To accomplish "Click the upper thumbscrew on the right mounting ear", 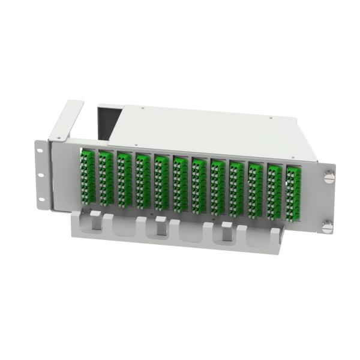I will (328, 178).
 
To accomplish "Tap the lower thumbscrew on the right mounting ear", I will (327, 227).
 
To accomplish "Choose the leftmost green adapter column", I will (88, 173).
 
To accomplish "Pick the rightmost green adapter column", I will (293, 194).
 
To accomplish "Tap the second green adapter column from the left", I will (106, 175).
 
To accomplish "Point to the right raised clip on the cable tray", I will (227, 230).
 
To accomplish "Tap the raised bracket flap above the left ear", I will (67, 120).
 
